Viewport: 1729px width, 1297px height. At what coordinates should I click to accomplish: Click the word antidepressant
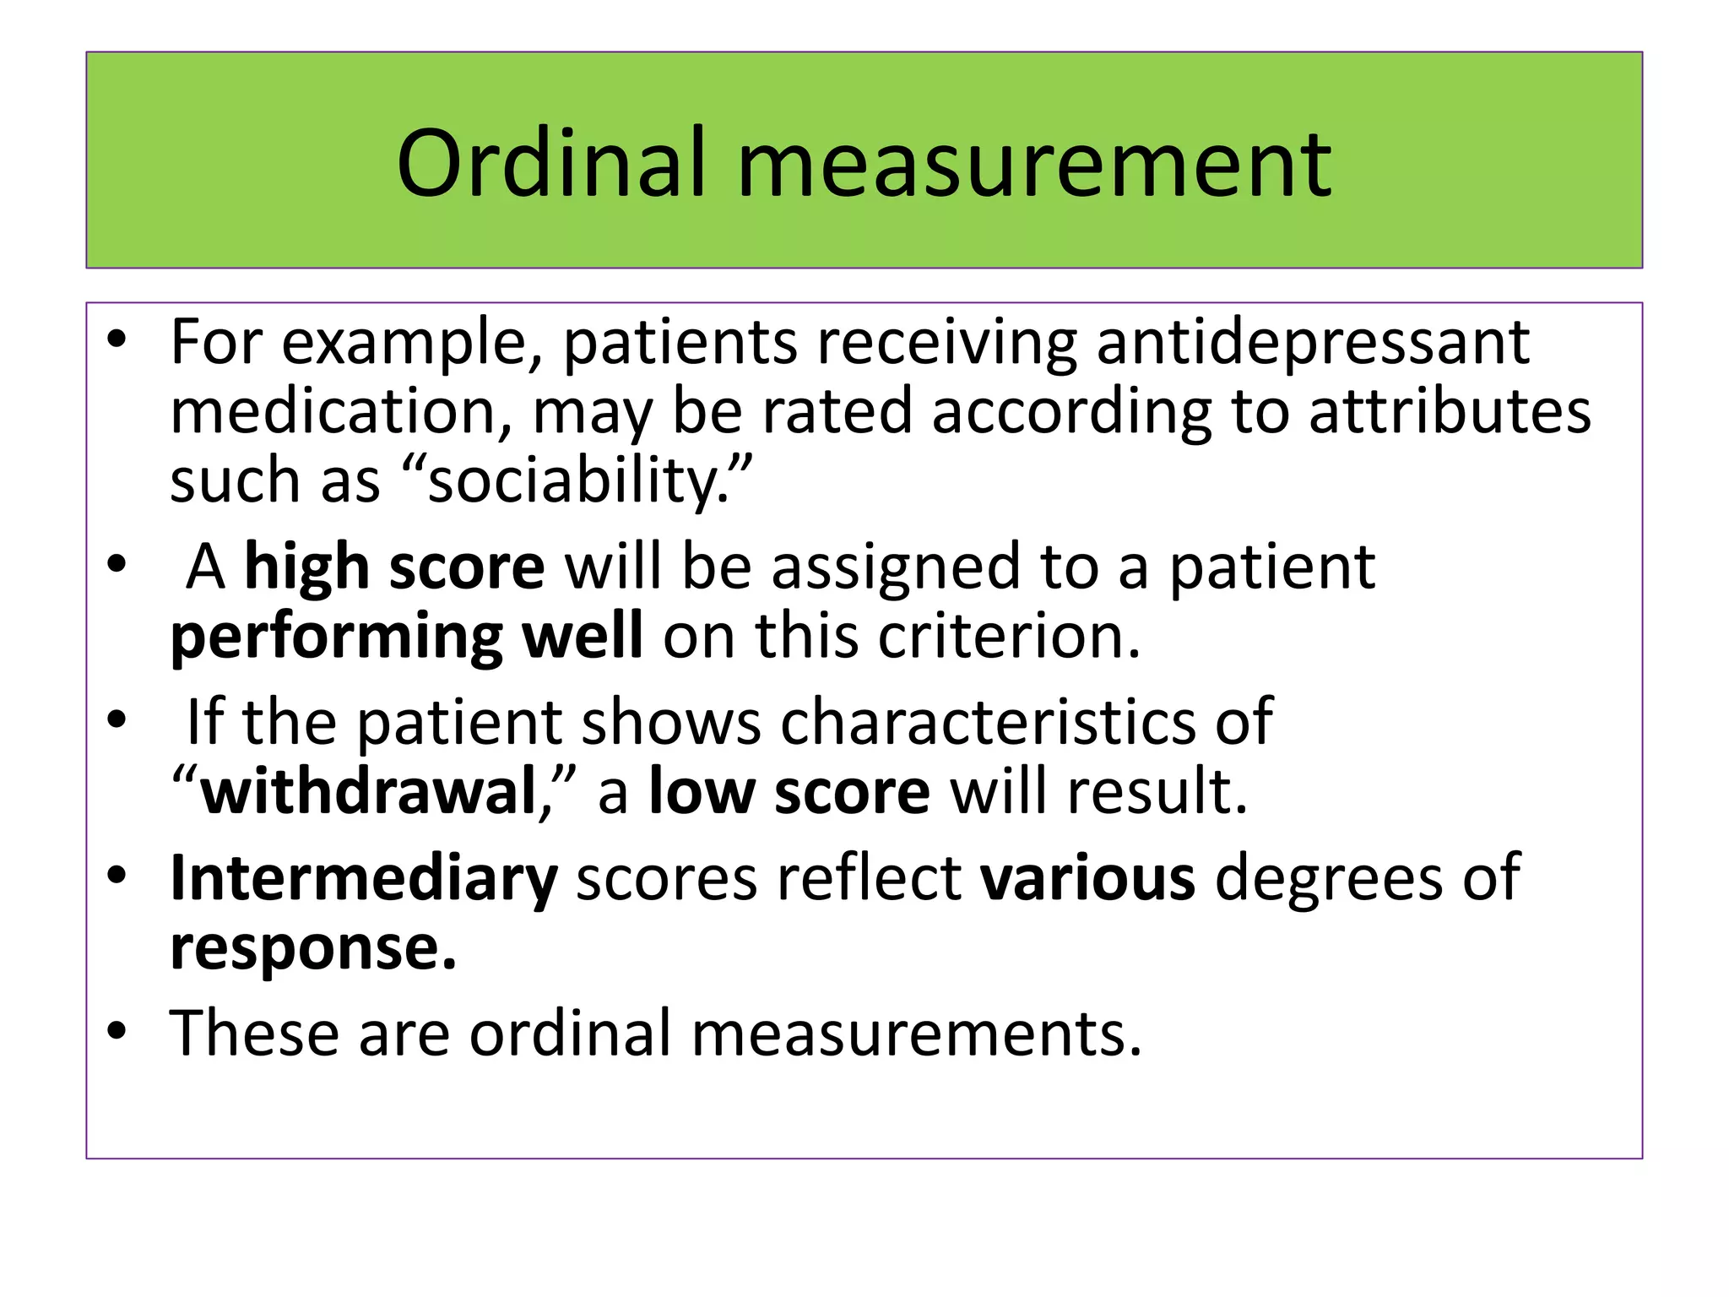[x=1313, y=342]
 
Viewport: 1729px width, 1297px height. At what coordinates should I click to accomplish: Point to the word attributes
[x=1450, y=411]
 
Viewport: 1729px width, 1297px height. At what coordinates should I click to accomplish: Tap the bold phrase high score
[x=394, y=567]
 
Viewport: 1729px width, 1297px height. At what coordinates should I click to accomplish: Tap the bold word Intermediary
[x=364, y=878]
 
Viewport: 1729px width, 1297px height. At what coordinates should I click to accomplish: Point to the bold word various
[x=1087, y=878]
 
